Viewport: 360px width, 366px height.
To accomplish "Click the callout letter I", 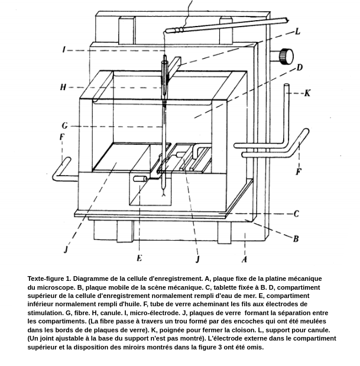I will (x=64, y=50).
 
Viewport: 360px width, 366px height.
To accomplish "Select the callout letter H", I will (x=63, y=88).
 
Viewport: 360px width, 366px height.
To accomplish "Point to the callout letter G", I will (x=64, y=125).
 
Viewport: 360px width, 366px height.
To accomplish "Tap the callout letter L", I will (x=297, y=31).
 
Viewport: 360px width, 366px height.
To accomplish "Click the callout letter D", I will (x=300, y=67).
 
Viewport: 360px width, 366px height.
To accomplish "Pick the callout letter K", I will (x=307, y=93).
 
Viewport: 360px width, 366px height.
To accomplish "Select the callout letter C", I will (x=296, y=213).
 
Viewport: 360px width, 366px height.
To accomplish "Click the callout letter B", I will (x=296, y=239).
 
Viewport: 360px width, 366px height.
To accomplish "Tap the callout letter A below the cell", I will (x=244, y=259).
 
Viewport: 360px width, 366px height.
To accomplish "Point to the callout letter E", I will (x=140, y=258).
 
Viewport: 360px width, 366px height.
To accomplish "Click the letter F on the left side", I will (x=61, y=137).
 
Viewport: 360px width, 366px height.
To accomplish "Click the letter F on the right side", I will (x=299, y=172).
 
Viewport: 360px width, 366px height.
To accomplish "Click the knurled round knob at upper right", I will (x=286, y=57).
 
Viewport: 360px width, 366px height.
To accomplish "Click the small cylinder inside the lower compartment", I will (x=140, y=179).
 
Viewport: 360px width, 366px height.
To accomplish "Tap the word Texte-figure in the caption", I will (x=47, y=278).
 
